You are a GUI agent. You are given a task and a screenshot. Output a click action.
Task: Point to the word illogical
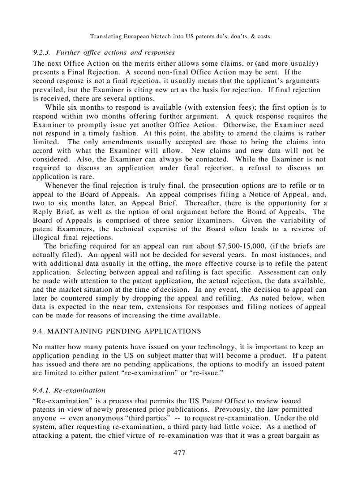[47, 238]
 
